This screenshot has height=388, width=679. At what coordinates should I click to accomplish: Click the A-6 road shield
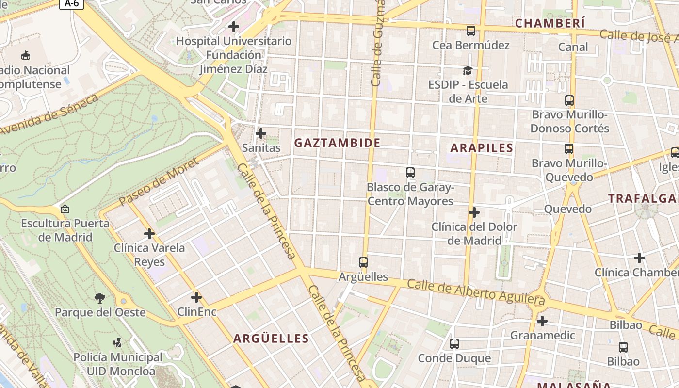point(72,3)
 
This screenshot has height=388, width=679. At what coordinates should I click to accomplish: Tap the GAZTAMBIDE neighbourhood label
point(337,143)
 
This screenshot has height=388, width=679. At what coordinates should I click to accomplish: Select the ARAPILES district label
point(482,148)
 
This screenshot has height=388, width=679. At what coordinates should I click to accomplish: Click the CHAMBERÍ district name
point(550,23)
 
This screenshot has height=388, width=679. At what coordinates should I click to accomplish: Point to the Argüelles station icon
point(363,262)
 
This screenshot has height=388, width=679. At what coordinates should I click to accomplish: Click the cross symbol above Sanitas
point(261,133)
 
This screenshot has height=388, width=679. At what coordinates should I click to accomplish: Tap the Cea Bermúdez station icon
point(470,31)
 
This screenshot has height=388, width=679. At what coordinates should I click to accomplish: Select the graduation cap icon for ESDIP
point(468,71)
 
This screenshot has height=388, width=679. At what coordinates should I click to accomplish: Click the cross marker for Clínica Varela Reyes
point(149,234)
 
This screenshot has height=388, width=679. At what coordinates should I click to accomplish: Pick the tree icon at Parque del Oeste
point(100,298)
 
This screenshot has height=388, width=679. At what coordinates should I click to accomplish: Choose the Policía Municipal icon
point(117,343)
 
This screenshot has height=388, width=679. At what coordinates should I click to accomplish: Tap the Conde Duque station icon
point(454,344)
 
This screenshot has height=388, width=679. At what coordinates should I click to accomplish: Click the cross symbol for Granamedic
point(542,321)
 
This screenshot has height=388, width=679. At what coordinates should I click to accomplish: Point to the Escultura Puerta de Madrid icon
point(65,210)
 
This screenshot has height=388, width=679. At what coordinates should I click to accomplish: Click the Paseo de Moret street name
point(158,181)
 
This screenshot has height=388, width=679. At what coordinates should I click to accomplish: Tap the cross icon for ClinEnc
point(196,297)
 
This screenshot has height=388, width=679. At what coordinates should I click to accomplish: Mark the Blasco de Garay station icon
point(410,172)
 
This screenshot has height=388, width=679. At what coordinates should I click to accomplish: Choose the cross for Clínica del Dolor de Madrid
point(474,212)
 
